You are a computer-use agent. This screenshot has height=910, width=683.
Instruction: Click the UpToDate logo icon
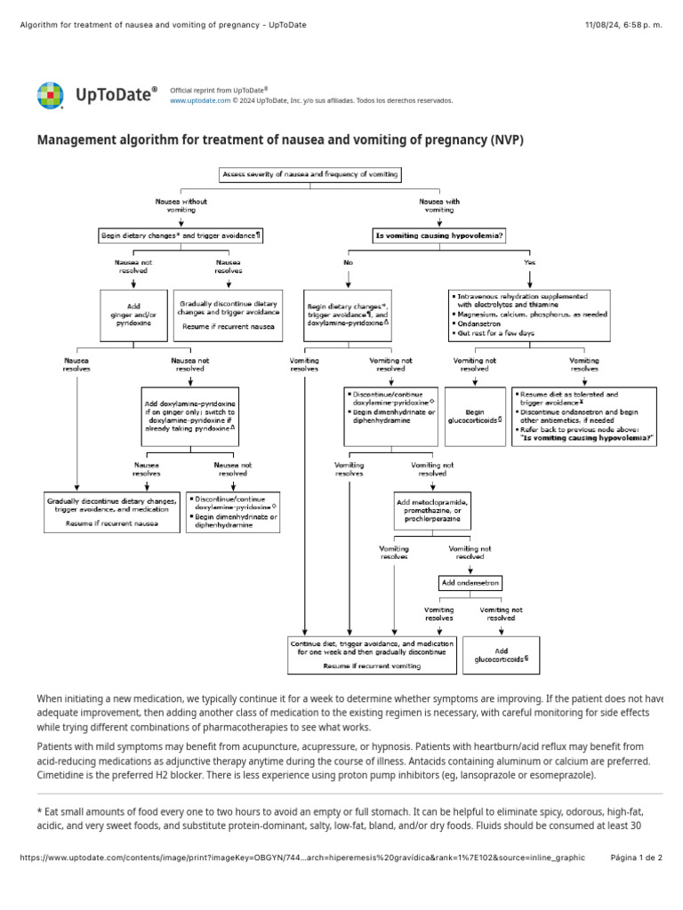[x=50, y=95]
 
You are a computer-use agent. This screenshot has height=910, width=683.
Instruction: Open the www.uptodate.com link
[x=200, y=101]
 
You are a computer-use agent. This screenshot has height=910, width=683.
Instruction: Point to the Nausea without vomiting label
[x=181, y=205]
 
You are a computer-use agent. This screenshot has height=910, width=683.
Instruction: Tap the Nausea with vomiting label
[x=439, y=205]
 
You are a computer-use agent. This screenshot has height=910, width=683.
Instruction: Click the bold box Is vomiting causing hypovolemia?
[x=439, y=235]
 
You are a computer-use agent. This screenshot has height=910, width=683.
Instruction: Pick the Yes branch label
[x=531, y=264]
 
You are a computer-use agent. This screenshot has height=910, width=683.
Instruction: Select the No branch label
[x=348, y=264]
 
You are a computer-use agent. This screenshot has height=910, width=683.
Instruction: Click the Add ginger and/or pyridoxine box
[x=133, y=315]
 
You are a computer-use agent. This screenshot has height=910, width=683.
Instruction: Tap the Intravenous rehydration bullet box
[x=529, y=315]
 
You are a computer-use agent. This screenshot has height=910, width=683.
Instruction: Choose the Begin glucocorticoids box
[x=475, y=417]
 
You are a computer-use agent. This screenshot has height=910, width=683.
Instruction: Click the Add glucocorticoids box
[x=501, y=655]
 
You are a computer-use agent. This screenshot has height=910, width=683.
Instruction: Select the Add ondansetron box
[x=470, y=583]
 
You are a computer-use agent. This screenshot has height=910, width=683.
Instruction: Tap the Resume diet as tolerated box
[x=583, y=416]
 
